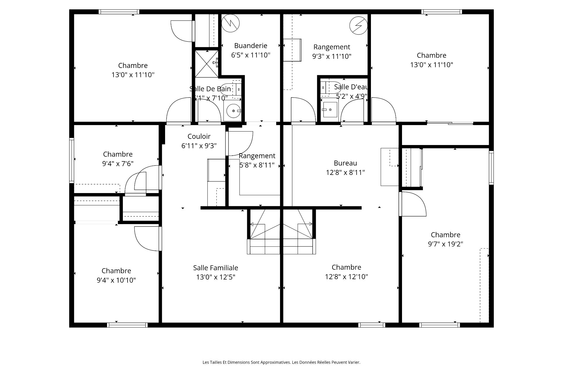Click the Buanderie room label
click(x=251, y=46)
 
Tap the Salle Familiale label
click(x=216, y=268)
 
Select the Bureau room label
click(x=345, y=163)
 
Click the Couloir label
click(x=199, y=136)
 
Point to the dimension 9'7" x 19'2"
click(x=445, y=244)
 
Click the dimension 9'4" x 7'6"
click(x=118, y=163)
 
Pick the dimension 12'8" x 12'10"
click(x=346, y=277)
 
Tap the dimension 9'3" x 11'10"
click(x=332, y=56)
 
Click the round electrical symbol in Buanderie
click(x=230, y=23)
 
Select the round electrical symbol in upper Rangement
click(x=358, y=25)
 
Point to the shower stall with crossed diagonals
click(x=207, y=64)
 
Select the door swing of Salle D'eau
click(x=352, y=110)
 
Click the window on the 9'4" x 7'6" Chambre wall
click(x=72, y=161)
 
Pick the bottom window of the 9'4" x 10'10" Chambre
click(x=127, y=325)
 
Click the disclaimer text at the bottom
click(x=281, y=362)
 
